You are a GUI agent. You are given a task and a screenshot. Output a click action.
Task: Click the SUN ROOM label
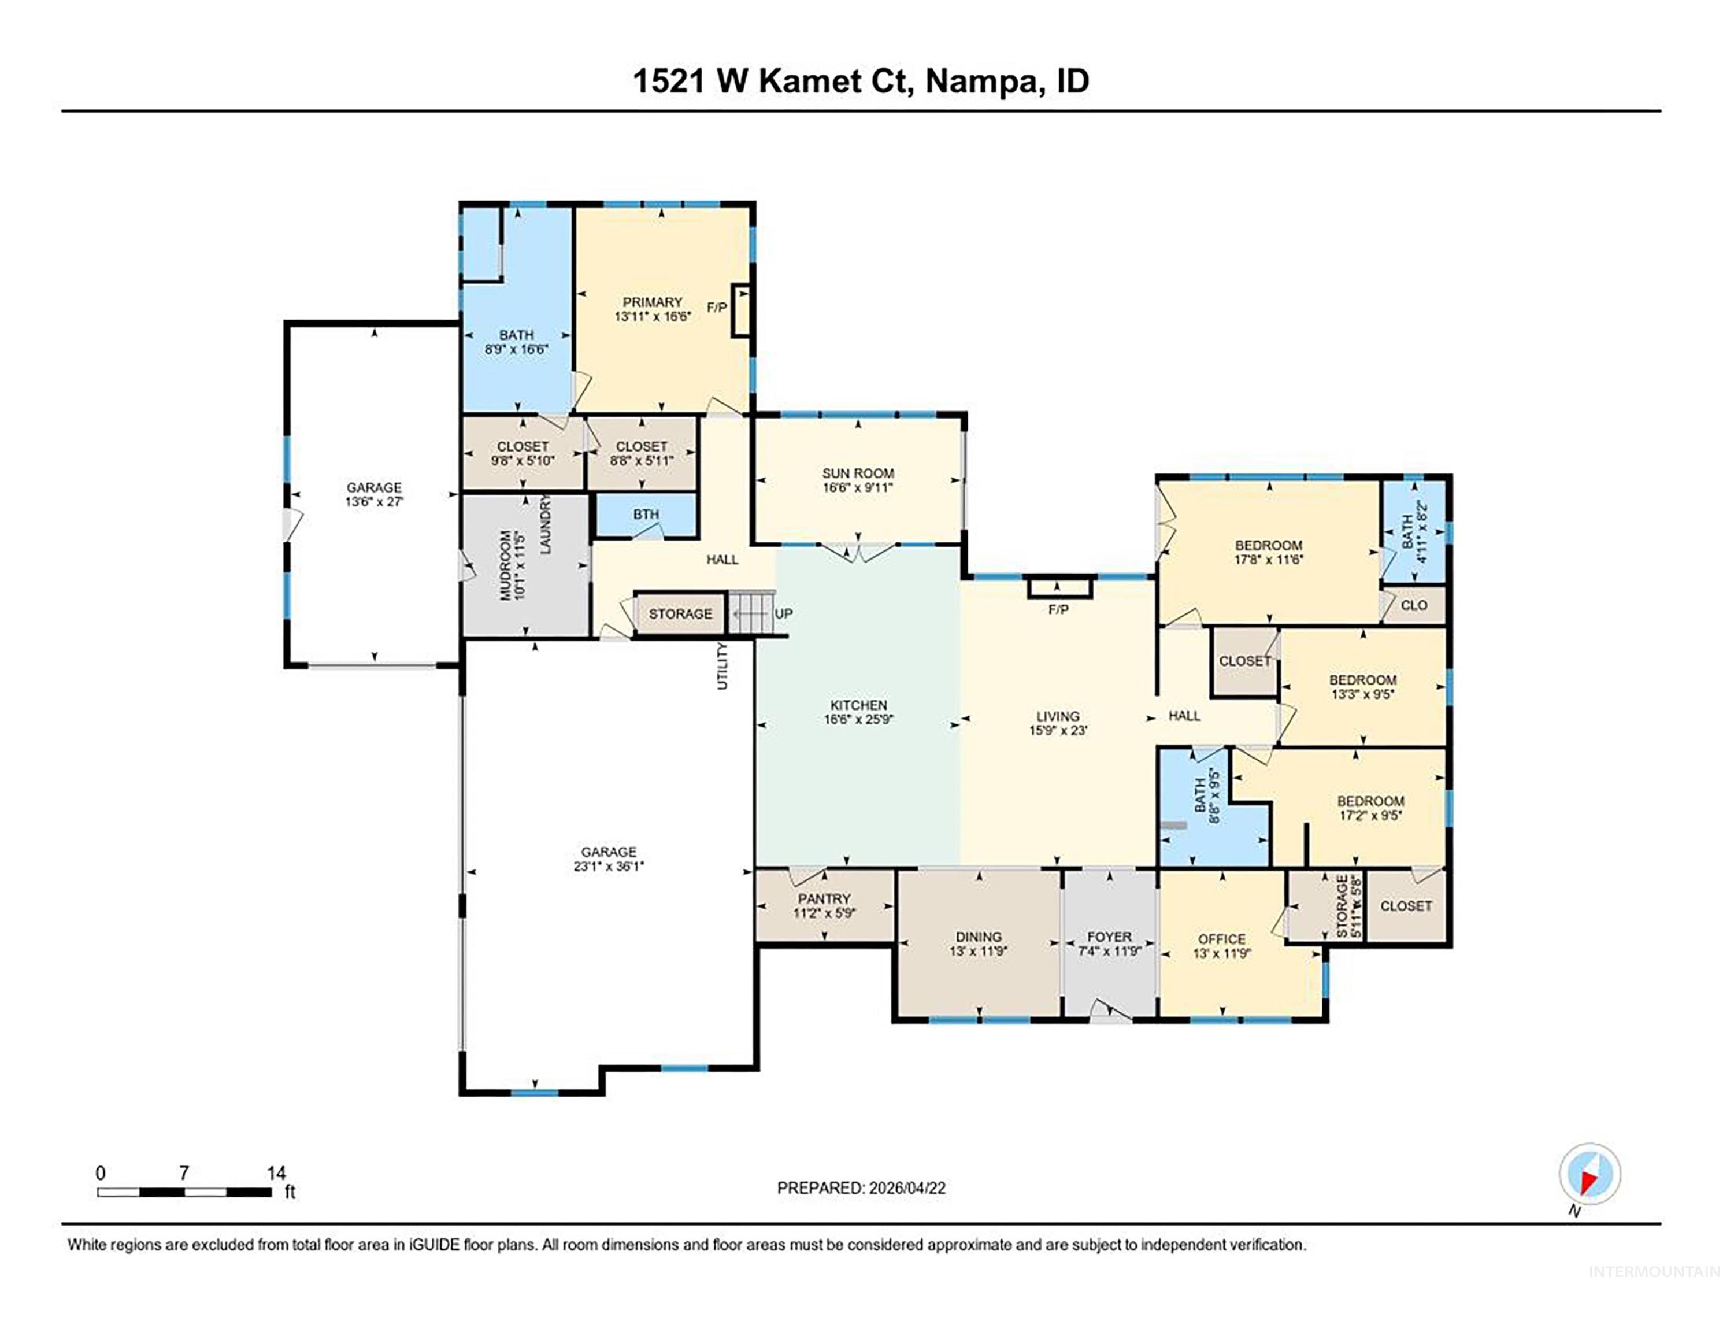[x=858, y=473]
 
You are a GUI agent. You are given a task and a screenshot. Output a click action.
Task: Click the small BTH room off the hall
[x=646, y=515]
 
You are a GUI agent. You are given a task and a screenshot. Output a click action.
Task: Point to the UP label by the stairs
[x=783, y=613]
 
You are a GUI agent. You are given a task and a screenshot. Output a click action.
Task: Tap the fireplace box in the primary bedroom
[x=741, y=310]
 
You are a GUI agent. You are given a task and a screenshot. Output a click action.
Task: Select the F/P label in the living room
[x=1058, y=610]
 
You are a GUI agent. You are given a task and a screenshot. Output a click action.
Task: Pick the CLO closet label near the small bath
[x=1414, y=605]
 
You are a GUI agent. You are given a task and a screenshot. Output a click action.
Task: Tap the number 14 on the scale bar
[x=276, y=1174]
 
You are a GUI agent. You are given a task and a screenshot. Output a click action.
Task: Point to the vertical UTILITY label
[x=722, y=667]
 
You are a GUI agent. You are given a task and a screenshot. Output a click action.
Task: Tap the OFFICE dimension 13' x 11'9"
[x=1221, y=953]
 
